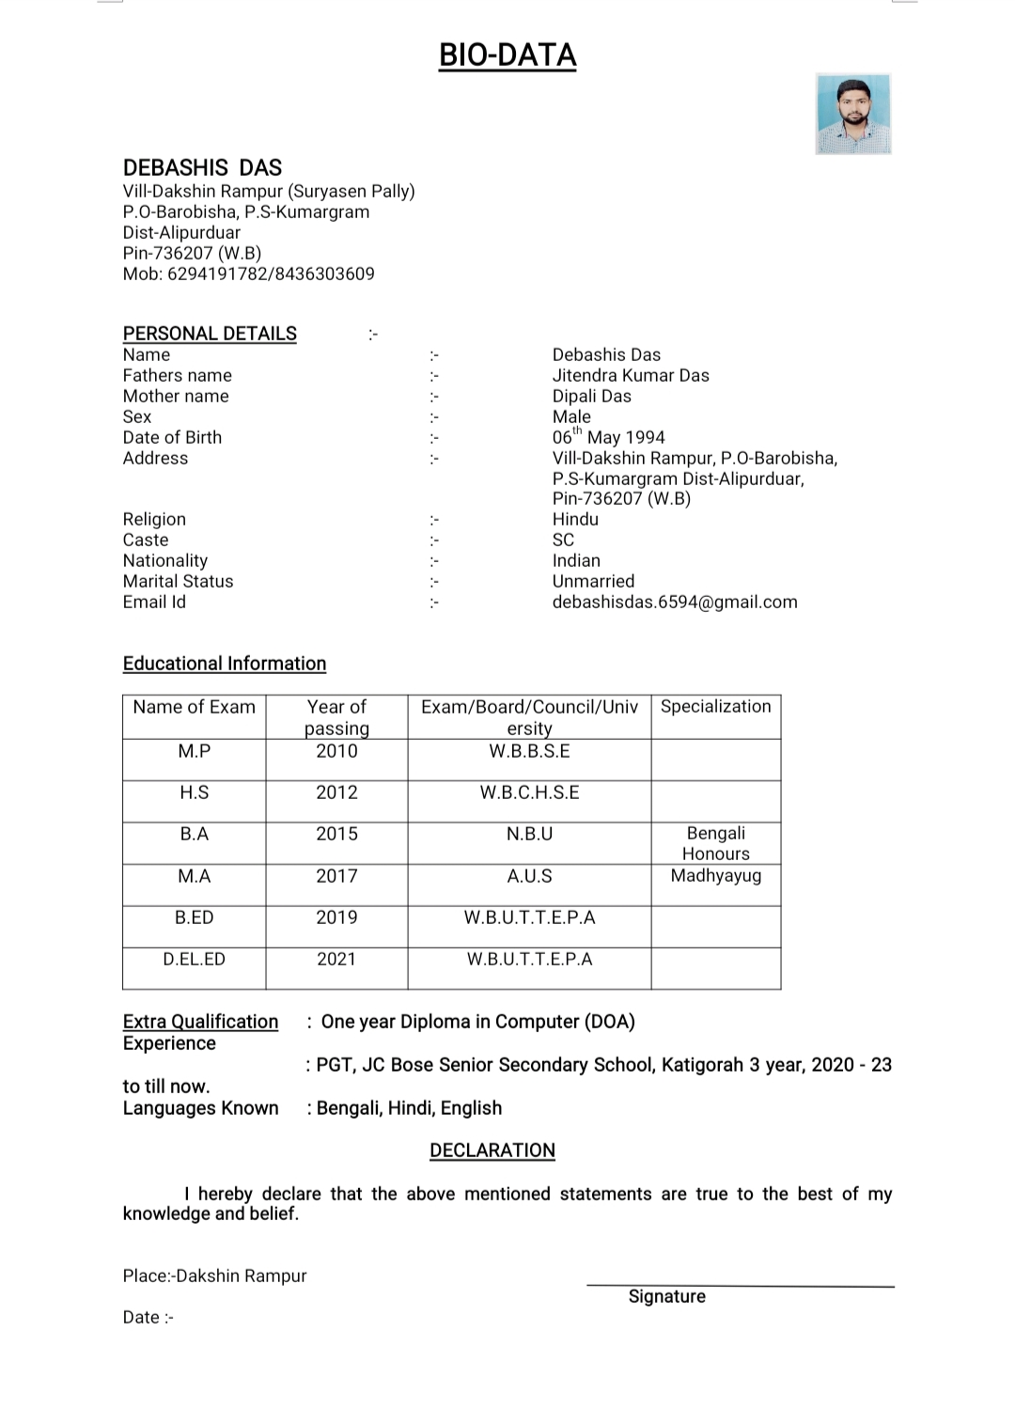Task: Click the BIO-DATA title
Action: (x=507, y=56)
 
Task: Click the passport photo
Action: (x=853, y=114)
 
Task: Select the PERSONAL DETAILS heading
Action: (x=210, y=334)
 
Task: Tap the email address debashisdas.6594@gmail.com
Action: (x=674, y=602)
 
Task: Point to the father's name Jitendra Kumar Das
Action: (x=630, y=376)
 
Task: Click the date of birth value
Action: (x=608, y=437)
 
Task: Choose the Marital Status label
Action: (x=178, y=582)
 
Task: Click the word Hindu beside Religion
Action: (x=575, y=520)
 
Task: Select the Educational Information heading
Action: (x=225, y=664)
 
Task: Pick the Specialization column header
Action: (x=715, y=707)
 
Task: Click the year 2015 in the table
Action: (x=336, y=835)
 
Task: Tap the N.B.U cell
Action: (x=529, y=835)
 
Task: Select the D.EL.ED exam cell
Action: (x=194, y=960)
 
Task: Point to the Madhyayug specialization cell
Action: (x=715, y=876)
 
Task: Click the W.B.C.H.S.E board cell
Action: (x=529, y=793)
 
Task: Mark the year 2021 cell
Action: (x=336, y=960)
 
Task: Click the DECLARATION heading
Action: (x=492, y=1150)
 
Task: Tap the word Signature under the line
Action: (x=666, y=1297)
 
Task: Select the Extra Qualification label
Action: (x=200, y=1022)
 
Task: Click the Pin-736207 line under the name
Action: (x=192, y=254)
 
